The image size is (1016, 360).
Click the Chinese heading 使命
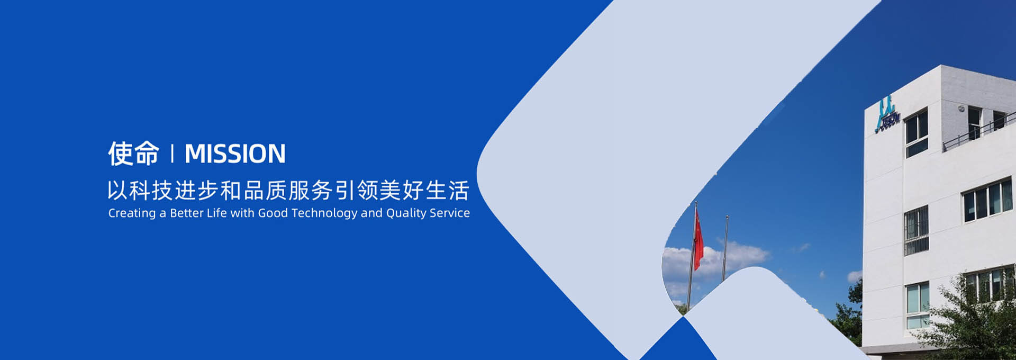[x=133, y=154]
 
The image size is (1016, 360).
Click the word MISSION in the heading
[x=235, y=154]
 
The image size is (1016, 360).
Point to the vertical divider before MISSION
[x=172, y=154]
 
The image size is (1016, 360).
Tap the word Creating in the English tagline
[x=132, y=213]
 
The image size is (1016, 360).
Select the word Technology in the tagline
[x=324, y=213]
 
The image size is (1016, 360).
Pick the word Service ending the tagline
[x=450, y=213]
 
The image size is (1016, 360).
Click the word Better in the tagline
[x=186, y=213]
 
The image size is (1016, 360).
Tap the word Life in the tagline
[x=216, y=213]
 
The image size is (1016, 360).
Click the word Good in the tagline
[x=273, y=213]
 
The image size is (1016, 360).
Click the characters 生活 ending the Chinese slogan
[x=447, y=191]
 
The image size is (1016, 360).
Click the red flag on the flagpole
[x=698, y=238]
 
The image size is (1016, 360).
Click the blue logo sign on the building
[x=887, y=114]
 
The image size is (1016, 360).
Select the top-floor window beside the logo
[x=917, y=133]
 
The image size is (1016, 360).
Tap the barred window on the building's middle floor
[x=917, y=230]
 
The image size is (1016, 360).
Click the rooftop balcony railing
[x=979, y=131]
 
